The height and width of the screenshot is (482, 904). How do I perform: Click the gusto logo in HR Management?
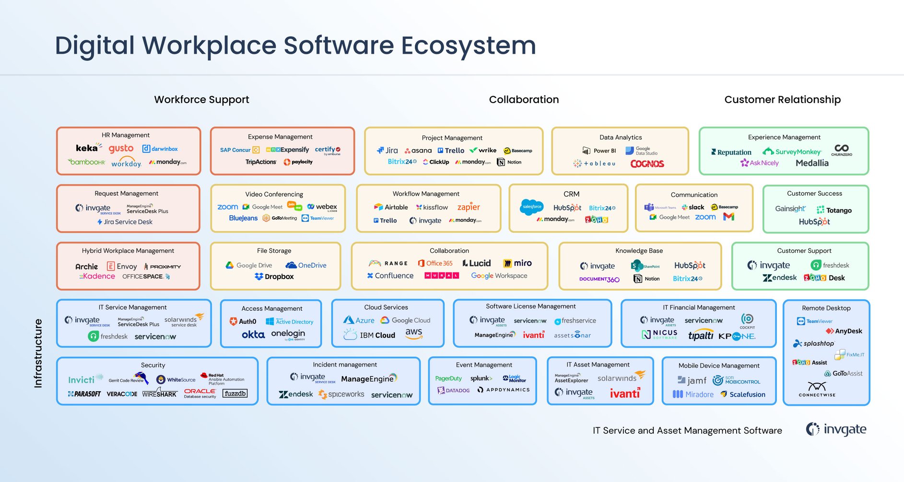[121, 149]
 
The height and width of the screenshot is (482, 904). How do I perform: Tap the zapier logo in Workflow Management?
[469, 207]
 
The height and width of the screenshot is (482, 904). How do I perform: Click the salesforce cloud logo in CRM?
[532, 207]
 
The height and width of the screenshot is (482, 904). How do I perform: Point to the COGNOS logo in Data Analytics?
[647, 164]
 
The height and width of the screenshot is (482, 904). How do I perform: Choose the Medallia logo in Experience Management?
[812, 163]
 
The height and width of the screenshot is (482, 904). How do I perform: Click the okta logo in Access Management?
[253, 335]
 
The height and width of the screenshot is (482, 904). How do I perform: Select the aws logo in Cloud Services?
[413, 333]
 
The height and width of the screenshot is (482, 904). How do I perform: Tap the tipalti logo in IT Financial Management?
[701, 336]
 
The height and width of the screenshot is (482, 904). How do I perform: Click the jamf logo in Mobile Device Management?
[692, 380]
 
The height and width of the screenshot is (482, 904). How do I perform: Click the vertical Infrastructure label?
[38, 353]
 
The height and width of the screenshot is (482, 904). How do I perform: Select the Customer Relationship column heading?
[782, 100]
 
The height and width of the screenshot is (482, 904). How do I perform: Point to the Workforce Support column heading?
[201, 100]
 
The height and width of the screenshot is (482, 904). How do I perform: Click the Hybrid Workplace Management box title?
[128, 251]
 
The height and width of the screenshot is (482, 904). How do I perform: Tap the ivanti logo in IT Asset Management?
[625, 394]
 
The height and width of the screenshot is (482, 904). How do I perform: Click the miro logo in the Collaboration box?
[517, 263]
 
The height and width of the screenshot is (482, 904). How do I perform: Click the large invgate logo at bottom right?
[836, 429]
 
